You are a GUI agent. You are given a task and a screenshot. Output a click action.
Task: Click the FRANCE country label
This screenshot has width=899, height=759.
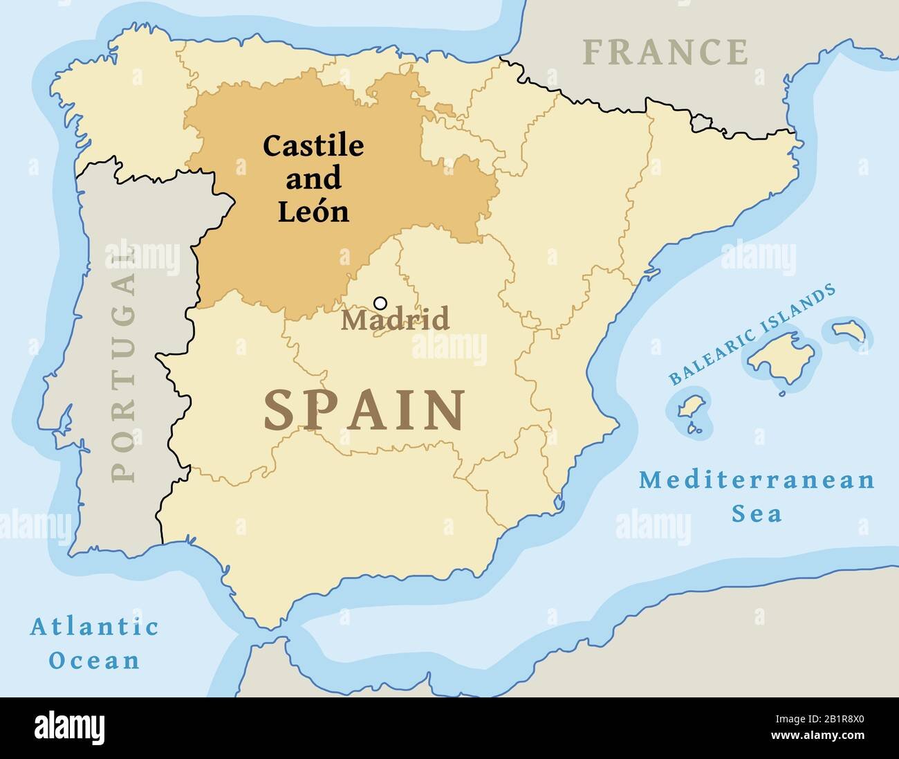pyautogui.click(x=665, y=52)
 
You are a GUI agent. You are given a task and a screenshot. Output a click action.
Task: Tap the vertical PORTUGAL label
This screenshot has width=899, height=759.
pyautogui.click(x=124, y=367)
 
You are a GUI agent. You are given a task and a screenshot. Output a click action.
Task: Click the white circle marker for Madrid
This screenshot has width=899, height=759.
pyautogui.click(x=380, y=302)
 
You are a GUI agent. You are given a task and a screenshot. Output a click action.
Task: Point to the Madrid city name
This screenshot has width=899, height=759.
pyautogui.click(x=396, y=320)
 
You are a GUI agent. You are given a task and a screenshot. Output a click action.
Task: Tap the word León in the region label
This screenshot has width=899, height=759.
pyautogui.click(x=313, y=212)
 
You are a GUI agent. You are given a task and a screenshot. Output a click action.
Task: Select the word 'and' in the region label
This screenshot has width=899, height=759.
pyautogui.click(x=313, y=179)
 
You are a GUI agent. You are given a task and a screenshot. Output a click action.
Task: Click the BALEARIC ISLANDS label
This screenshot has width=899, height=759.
pyautogui.click(x=751, y=336)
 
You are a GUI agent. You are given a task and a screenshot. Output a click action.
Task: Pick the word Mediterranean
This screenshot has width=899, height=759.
pyautogui.click(x=757, y=480)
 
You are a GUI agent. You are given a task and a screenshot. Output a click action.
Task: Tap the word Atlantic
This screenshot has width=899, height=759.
pyautogui.click(x=94, y=628)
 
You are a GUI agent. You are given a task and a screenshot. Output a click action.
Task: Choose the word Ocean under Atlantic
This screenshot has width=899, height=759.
pyautogui.click(x=94, y=660)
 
